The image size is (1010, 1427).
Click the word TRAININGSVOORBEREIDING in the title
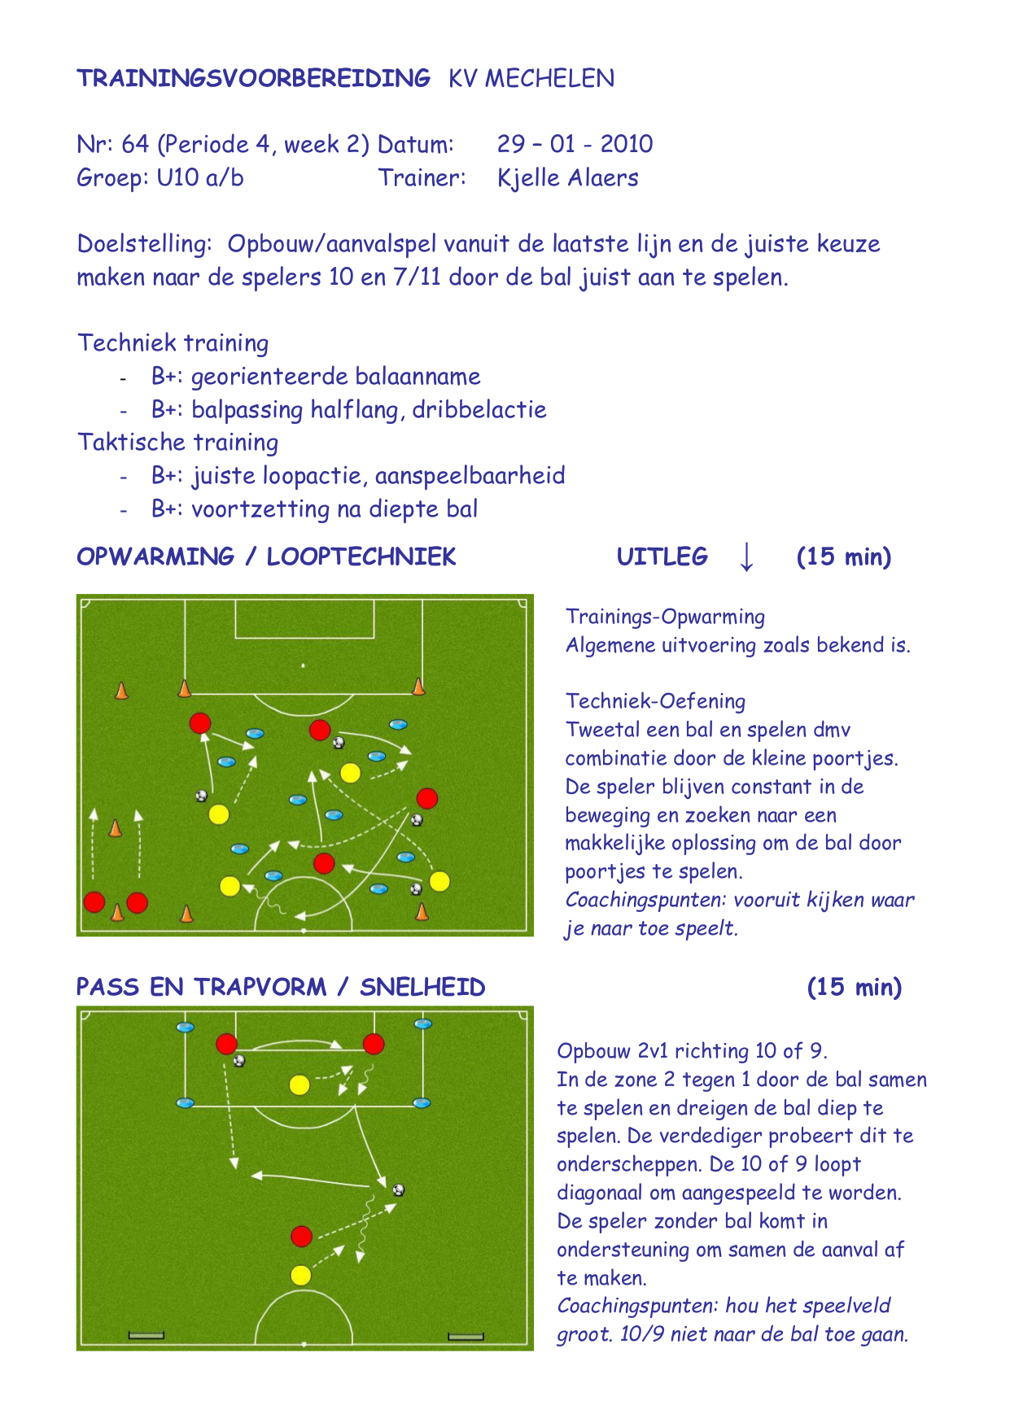[253, 78]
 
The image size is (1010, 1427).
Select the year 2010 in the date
[627, 144]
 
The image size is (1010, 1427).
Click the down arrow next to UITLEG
[746, 556]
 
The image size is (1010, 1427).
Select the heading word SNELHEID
[422, 987]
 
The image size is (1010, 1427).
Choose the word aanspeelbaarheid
[470, 476]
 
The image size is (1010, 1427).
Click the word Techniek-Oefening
[655, 701]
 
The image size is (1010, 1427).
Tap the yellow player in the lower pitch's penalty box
[300, 1084]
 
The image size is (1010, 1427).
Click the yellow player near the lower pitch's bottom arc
[300, 1275]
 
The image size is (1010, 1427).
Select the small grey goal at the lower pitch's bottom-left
[146, 1335]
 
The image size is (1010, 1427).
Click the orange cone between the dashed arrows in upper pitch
[115, 827]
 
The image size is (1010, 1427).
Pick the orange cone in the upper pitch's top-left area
[121, 690]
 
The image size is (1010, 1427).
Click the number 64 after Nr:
[135, 144]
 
